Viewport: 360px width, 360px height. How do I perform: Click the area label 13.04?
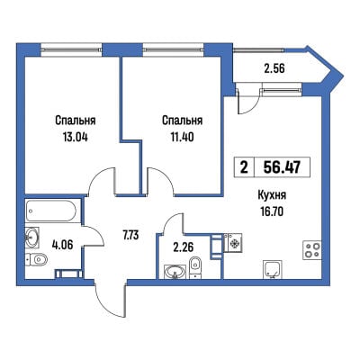pyautogui.click(x=75, y=137)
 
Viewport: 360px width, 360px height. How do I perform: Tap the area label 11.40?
pyautogui.click(x=182, y=137)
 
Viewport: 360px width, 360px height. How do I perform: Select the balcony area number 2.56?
pyautogui.click(x=273, y=68)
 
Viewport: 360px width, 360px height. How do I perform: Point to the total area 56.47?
pyautogui.click(x=282, y=166)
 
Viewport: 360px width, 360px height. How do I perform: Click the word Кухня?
pyautogui.click(x=272, y=195)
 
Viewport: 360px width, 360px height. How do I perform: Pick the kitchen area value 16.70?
pyautogui.click(x=272, y=211)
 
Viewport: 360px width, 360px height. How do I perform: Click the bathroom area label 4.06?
pyautogui.click(x=61, y=246)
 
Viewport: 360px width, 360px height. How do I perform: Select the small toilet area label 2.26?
pyautogui.click(x=184, y=247)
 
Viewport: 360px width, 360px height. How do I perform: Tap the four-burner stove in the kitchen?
pyautogui.click(x=312, y=250)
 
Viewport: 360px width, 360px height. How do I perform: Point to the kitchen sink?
pyautogui.click(x=273, y=269)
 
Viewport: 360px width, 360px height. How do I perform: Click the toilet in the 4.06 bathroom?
pyautogui.click(x=37, y=259)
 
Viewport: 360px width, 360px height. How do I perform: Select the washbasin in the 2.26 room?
pyautogui.click(x=175, y=272)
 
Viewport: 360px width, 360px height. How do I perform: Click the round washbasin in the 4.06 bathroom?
pyautogui.click(x=32, y=238)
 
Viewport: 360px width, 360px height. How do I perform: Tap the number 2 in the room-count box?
pyautogui.click(x=244, y=167)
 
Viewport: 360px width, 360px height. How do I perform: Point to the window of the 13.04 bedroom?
pyautogui.click(x=72, y=49)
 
